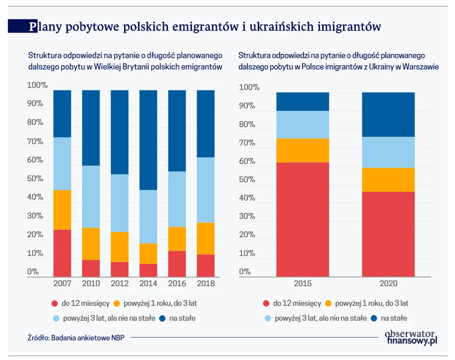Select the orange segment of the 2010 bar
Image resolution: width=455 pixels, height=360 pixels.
(91, 244)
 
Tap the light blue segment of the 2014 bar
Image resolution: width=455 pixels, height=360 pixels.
(148, 216)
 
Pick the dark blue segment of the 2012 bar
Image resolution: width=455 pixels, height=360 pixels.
(120, 132)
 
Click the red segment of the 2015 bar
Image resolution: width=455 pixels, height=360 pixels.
(303, 220)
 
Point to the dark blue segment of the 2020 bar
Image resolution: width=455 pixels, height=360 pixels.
(388, 114)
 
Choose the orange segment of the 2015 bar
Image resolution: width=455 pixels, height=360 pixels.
(303, 150)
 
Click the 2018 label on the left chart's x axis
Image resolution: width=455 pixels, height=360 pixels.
(206, 283)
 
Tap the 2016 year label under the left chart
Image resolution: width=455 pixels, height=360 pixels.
(177, 283)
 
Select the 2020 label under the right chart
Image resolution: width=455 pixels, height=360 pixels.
(388, 284)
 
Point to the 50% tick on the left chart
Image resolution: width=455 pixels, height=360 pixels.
(35, 179)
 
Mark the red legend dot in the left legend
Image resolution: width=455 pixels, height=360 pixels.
(55, 304)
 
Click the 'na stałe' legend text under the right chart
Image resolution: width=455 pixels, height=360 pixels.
(394, 318)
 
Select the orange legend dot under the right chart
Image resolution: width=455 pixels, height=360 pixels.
(329, 304)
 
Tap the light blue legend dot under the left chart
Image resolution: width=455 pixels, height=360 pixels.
(55, 318)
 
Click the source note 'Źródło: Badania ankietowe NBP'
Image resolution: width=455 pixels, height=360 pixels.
(76, 337)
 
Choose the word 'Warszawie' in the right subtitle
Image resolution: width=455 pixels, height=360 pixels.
(421, 67)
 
